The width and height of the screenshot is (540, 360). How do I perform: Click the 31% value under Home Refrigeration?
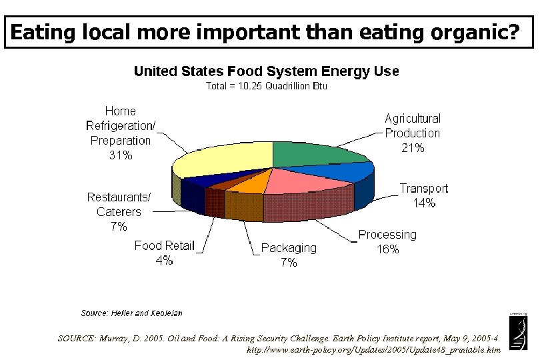point(121,155)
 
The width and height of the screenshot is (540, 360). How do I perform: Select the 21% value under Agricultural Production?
point(413,148)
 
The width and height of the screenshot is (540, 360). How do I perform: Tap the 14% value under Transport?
point(424,203)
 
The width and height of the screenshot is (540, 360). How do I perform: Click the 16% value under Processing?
point(387,249)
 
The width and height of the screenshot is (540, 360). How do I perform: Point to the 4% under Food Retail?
point(164,261)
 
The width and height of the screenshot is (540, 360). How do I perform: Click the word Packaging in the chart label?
point(289,248)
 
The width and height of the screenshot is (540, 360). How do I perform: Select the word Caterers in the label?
point(119,212)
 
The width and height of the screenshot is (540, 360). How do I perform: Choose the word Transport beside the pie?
point(424,189)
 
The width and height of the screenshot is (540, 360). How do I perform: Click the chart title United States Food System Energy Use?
point(267,71)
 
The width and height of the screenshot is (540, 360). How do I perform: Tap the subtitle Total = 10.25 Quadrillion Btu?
point(267,87)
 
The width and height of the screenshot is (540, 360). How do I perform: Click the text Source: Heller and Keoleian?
point(131,313)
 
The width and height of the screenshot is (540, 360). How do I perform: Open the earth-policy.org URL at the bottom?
point(373,349)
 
